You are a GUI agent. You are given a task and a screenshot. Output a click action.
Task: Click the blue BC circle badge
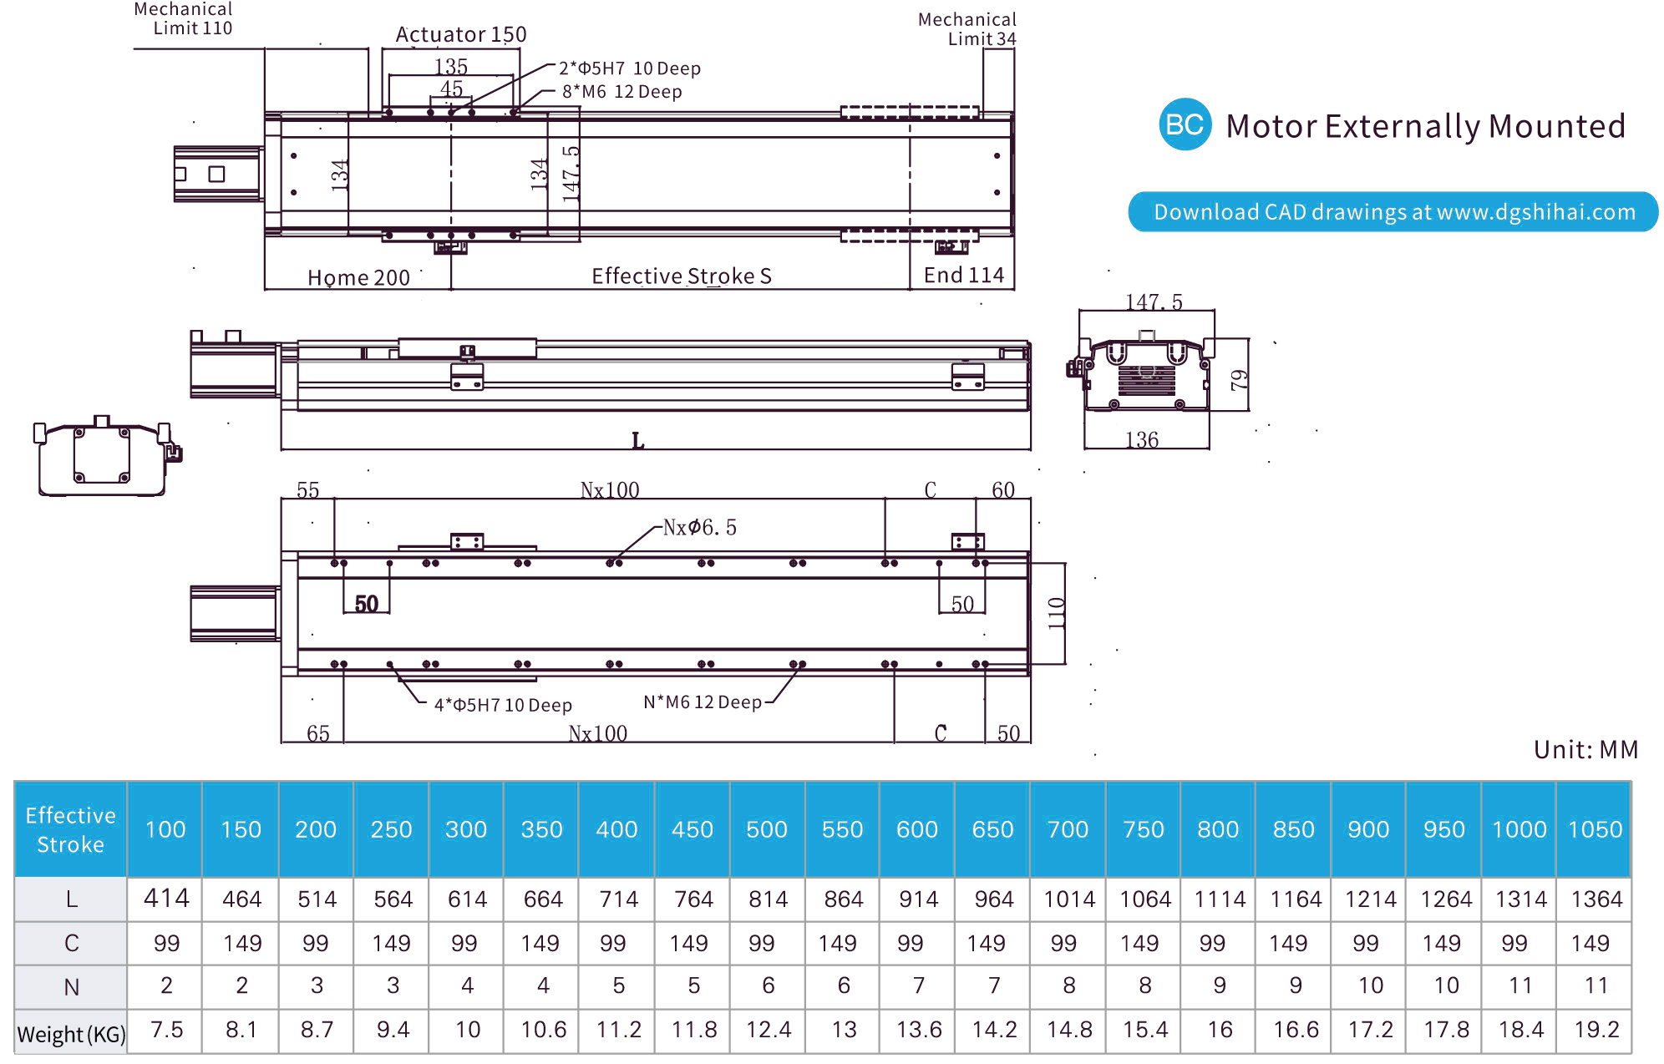click(x=1185, y=125)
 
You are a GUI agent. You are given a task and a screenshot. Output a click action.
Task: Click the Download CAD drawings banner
click(x=1393, y=212)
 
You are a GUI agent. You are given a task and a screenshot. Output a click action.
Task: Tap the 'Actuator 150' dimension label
click(x=460, y=35)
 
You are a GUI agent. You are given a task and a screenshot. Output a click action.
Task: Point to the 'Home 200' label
click(x=358, y=277)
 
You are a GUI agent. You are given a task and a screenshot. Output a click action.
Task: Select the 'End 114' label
click(x=963, y=276)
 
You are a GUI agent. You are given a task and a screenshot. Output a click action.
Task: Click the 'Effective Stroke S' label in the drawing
click(x=681, y=276)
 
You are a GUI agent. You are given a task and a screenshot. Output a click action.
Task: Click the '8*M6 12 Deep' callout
click(x=621, y=92)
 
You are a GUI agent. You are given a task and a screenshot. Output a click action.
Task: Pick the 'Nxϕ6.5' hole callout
click(x=699, y=528)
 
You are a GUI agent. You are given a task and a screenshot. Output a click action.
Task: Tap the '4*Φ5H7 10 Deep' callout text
click(x=503, y=705)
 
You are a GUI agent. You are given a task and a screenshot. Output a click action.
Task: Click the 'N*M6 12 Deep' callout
click(x=702, y=702)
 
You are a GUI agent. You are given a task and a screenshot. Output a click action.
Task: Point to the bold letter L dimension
click(x=637, y=440)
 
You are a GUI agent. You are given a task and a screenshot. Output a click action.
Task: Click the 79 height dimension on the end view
click(x=1239, y=380)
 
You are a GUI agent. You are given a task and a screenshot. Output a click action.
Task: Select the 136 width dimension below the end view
click(x=1141, y=440)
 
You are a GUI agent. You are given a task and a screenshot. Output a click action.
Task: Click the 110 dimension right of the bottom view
click(x=1057, y=613)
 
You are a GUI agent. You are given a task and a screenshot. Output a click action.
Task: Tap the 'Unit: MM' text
click(x=1585, y=749)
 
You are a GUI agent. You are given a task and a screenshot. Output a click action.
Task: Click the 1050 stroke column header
click(x=1594, y=829)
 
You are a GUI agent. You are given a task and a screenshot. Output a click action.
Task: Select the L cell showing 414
click(x=166, y=899)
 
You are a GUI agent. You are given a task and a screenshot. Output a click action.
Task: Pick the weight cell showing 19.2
click(x=1596, y=1030)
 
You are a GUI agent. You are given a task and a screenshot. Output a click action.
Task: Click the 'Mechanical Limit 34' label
click(x=966, y=29)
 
